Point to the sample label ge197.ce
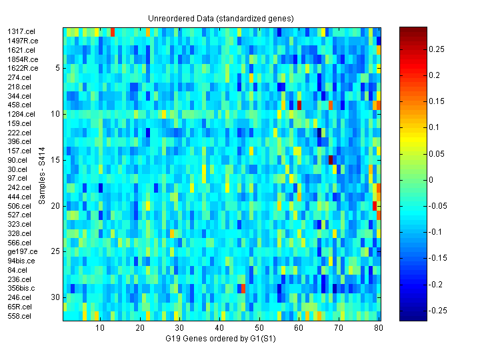[x=22, y=251]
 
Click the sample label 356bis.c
[x=23, y=288]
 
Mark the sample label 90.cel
[x=17, y=160]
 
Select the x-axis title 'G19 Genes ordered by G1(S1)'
[x=221, y=339]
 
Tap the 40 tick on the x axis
[x=219, y=329]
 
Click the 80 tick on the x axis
[x=378, y=329]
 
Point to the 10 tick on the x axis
[x=100, y=329]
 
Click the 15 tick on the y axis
[x=56, y=160]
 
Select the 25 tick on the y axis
[x=56, y=251]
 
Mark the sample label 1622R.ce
[x=22, y=68]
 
